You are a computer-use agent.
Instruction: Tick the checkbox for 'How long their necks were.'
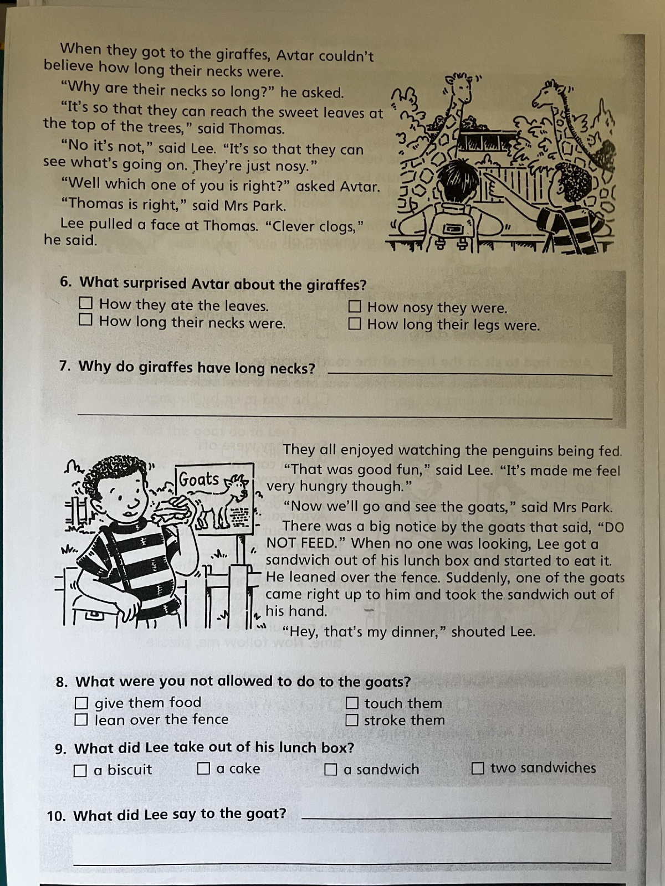[85, 320]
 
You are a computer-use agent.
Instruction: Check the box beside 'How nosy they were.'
[354, 306]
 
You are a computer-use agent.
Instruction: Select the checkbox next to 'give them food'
[81, 703]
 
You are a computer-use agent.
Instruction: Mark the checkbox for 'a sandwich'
[330, 769]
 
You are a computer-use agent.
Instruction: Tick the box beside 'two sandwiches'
[478, 767]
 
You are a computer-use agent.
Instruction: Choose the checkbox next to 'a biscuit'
[80, 771]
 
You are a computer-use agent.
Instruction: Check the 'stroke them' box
[352, 720]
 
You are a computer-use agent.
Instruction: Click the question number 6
[65, 282]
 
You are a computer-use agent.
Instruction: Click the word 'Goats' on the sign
[199, 480]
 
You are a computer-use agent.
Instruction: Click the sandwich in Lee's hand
[172, 509]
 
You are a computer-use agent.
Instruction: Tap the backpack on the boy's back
[453, 225]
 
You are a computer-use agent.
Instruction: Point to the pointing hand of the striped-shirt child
[493, 184]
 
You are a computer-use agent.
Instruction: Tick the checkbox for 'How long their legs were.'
[354, 323]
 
